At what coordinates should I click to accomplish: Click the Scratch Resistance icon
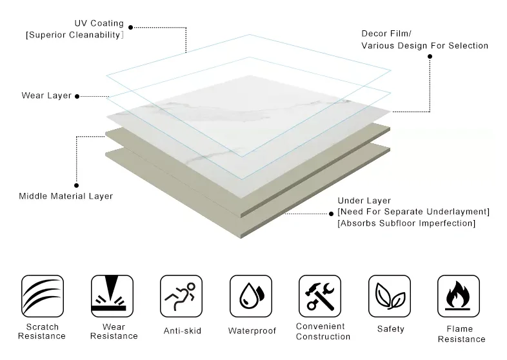[x=43, y=296]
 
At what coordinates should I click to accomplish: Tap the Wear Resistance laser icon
[x=112, y=296]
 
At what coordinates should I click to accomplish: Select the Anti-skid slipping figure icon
[x=181, y=296]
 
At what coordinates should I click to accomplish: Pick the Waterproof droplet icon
[x=251, y=296]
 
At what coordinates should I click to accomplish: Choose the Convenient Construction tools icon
[x=320, y=296]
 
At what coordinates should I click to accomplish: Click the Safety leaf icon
[x=390, y=296]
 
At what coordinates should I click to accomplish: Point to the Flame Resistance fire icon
[x=459, y=296]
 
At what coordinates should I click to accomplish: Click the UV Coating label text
[x=100, y=24]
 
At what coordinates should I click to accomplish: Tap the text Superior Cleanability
[x=74, y=35]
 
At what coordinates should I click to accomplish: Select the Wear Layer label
[x=46, y=96]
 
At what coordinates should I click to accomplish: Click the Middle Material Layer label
[x=66, y=196]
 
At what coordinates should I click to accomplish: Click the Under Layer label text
[x=364, y=201]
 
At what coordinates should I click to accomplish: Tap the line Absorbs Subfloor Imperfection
[x=406, y=223]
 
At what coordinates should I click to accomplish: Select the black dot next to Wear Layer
[x=77, y=97]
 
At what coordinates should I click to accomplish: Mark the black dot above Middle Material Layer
[x=77, y=185]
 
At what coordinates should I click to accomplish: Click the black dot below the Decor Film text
[x=430, y=57]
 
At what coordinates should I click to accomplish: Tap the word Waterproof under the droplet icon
[x=252, y=331]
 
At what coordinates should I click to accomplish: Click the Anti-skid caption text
[x=183, y=331]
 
